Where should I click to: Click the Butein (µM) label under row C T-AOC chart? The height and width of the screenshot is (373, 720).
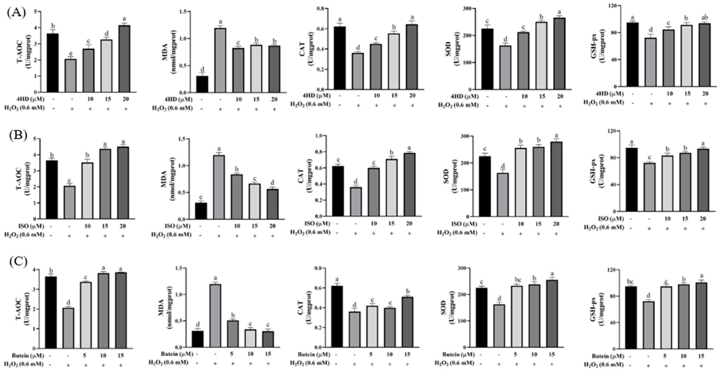click(x=28, y=356)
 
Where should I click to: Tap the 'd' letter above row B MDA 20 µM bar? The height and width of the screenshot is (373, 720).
click(x=273, y=182)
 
